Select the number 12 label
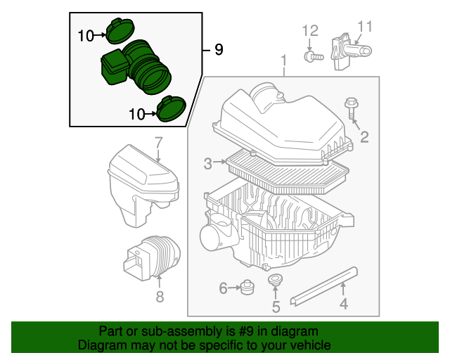click(x=310, y=30)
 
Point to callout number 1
click(x=284, y=60)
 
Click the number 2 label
click(x=364, y=137)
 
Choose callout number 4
click(x=344, y=304)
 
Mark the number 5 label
click(x=276, y=307)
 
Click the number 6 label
click(x=223, y=288)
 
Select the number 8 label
click(x=160, y=297)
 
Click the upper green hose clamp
click(x=117, y=31)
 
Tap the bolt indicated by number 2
click(x=350, y=110)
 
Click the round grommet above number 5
click(x=275, y=282)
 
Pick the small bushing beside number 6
click(x=247, y=287)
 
